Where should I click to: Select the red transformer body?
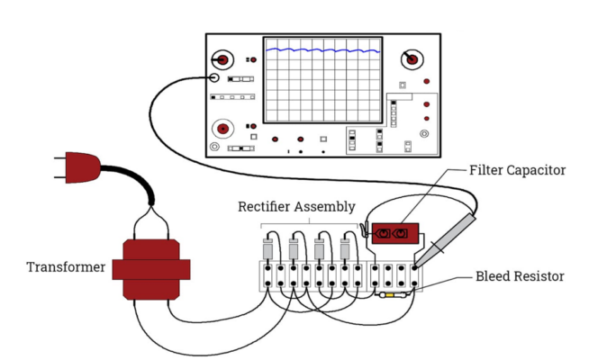[x=159, y=268]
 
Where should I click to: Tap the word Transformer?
[x=66, y=267]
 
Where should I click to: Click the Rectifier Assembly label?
[x=296, y=207]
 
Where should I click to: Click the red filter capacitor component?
[x=393, y=235]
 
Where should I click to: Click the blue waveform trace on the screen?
[x=320, y=51]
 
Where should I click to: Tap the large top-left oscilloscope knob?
[x=223, y=58]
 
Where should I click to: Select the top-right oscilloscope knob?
[x=412, y=58]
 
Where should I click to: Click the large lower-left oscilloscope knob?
[x=222, y=127]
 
